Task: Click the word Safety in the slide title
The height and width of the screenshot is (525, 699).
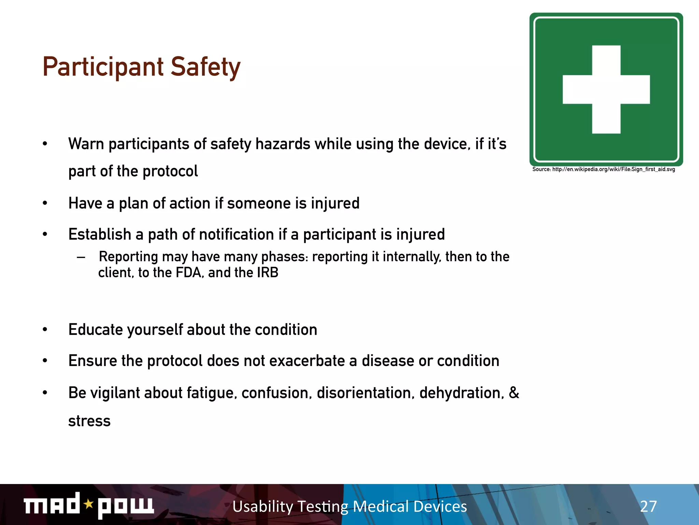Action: pos(205,67)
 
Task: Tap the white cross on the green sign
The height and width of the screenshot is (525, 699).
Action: pos(606,89)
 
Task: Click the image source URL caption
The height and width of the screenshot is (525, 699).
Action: pos(603,170)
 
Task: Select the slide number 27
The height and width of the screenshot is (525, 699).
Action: pos(648,506)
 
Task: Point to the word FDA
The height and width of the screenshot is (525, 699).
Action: pos(188,273)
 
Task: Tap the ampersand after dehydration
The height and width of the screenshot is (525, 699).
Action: pos(514,392)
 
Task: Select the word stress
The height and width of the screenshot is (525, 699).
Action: pos(89,421)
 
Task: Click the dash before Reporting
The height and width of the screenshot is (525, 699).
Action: pos(81,257)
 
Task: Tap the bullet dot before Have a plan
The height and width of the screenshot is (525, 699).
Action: pos(45,203)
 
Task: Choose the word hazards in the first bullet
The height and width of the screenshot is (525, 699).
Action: pos(283,144)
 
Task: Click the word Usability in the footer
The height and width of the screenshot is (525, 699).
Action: pos(263,507)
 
